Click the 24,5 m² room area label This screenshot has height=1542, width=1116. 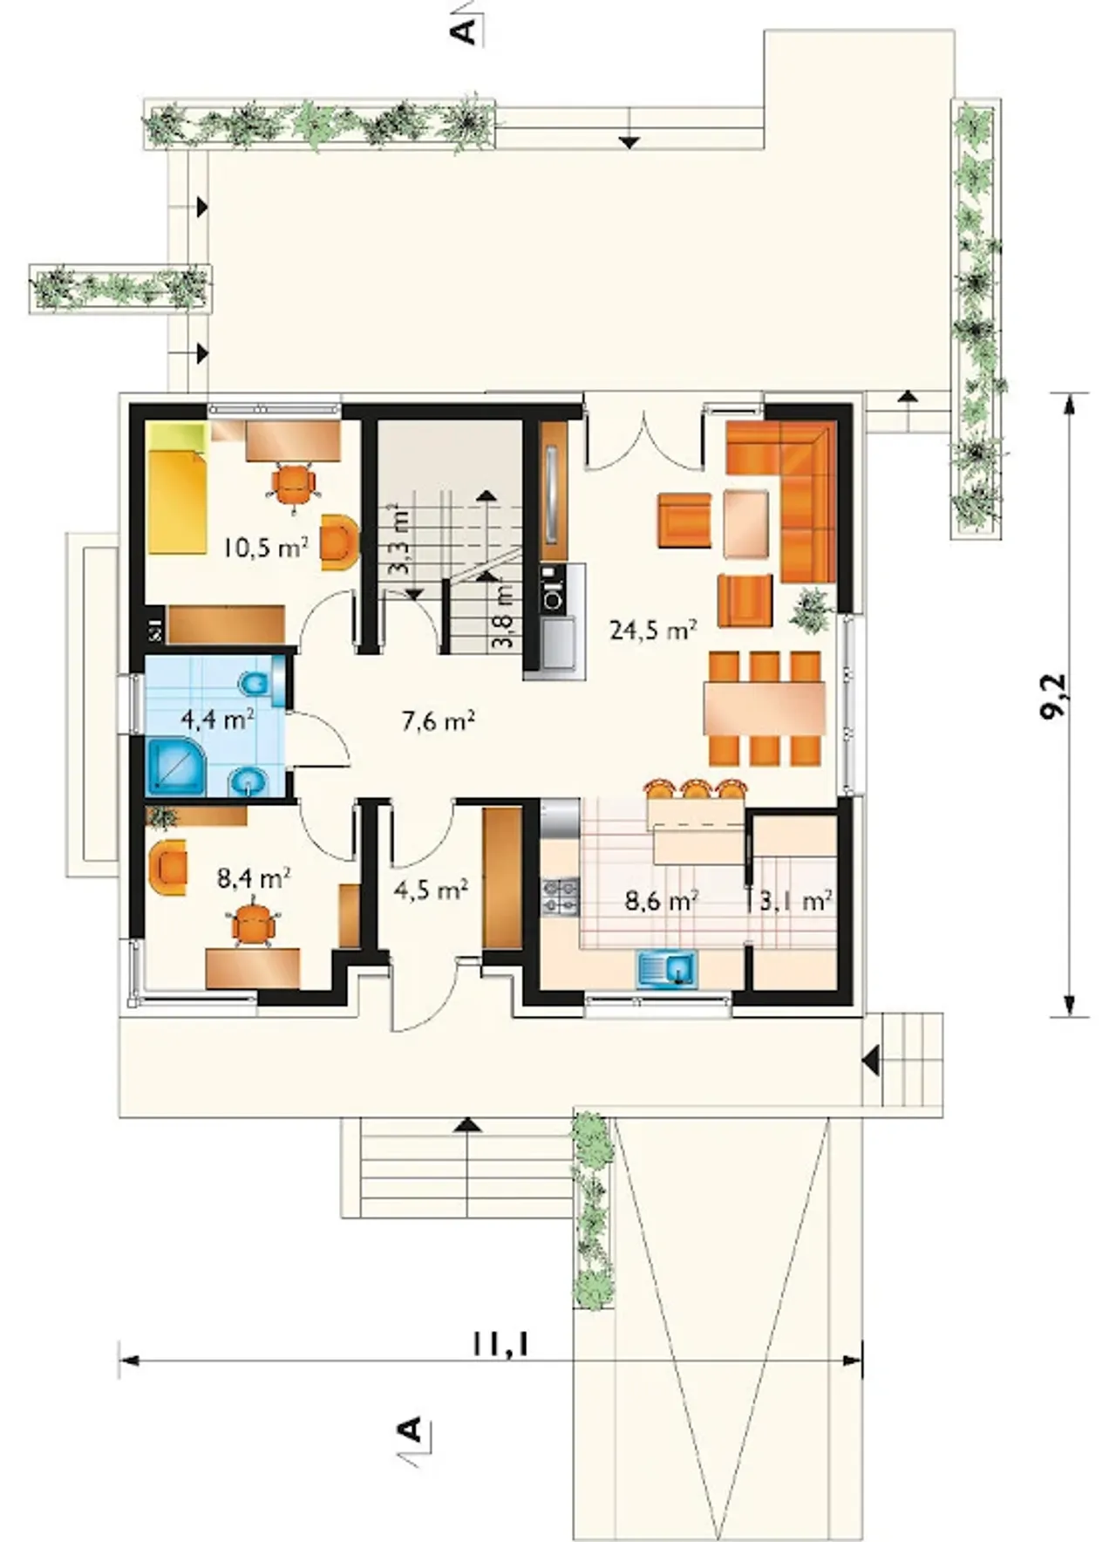coord(653,630)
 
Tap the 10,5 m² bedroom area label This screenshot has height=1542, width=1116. coord(265,548)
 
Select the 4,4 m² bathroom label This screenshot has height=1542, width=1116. coord(217,720)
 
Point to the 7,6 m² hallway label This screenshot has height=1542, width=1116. coord(439,721)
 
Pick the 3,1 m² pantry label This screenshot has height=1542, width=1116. coord(795,900)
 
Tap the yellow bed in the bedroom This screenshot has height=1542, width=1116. coord(177,488)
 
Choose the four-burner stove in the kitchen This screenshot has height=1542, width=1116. coord(561,897)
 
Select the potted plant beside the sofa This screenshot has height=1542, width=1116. coord(812,607)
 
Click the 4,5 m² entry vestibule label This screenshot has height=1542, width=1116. coord(432,890)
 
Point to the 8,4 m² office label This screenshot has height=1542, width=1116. coord(254,877)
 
